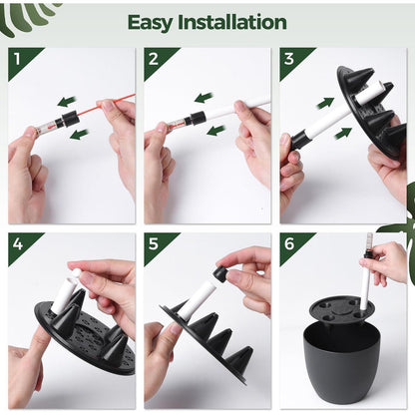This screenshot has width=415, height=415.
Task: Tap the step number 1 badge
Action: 19,59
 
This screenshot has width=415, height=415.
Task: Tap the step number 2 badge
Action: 155,59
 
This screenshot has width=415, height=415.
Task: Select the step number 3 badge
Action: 290,59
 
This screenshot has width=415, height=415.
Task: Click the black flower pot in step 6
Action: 341,364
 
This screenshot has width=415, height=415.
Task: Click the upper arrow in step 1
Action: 66,101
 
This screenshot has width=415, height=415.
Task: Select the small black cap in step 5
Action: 220,273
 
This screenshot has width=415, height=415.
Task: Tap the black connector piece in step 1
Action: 70,119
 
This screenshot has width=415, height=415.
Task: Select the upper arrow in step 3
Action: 326,102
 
